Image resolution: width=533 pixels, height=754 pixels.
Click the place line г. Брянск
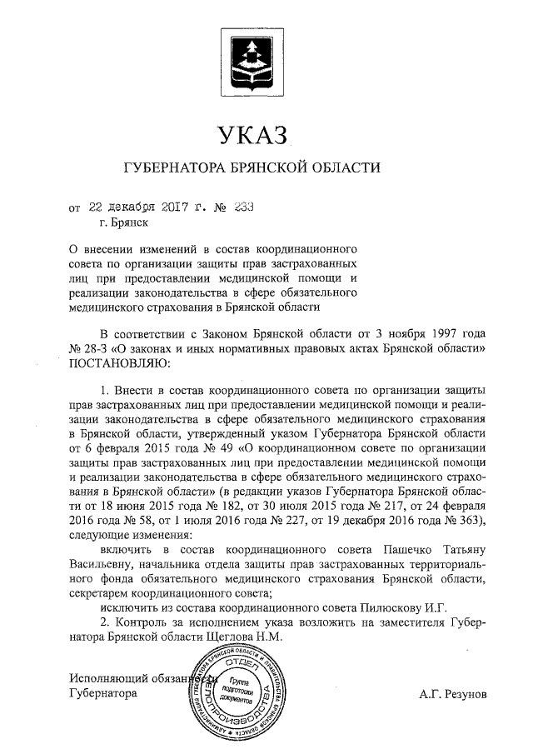pos(123,223)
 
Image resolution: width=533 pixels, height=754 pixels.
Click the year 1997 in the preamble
pos(436,335)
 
